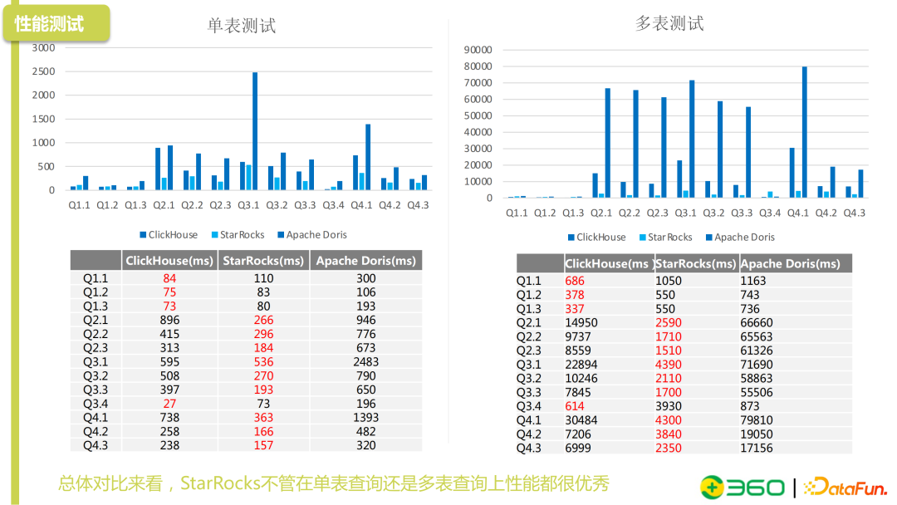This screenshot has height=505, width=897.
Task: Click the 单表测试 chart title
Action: (241, 26)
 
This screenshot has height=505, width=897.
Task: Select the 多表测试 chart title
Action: (669, 23)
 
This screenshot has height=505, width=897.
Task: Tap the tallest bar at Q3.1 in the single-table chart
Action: (255, 131)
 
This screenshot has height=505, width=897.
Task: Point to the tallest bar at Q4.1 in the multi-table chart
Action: (804, 132)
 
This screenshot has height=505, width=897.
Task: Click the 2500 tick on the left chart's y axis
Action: (43, 71)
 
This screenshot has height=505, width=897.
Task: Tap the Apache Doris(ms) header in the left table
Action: (365, 261)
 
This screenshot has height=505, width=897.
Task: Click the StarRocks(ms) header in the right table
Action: (695, 263)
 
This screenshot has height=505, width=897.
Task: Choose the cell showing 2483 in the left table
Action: (365, 361)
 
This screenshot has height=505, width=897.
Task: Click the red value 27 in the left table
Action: (169, 404)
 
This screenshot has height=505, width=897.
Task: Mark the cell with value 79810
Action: (757, 420)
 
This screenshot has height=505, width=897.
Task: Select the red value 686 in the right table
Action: (575, 281)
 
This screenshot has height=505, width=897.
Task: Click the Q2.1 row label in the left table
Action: (96, 320)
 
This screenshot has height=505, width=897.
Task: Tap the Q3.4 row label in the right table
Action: (528, 406)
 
